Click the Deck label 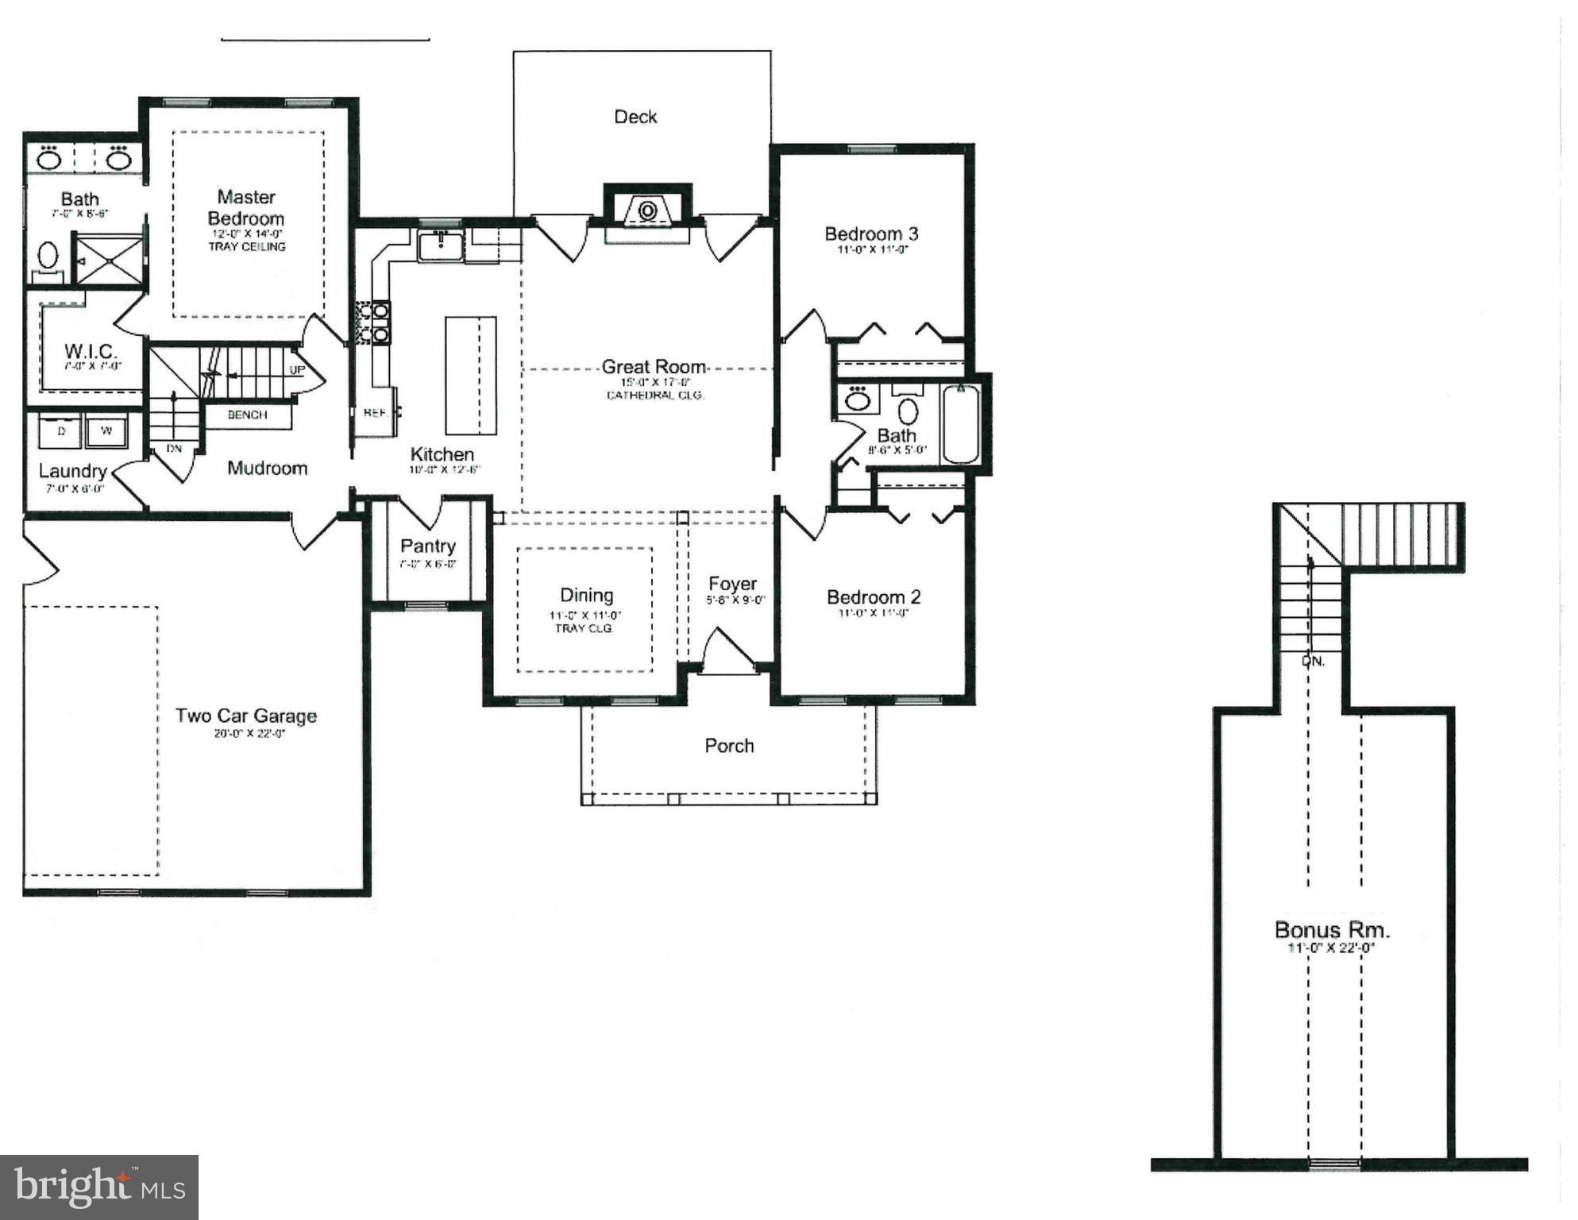tap(635, 117)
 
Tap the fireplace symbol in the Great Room tap(647, 211)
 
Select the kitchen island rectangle tap(470, 375)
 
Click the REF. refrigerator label tap(375, 413)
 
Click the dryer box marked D tap(62, 431)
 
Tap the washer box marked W tap(106, 431)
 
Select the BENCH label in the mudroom tap(247, 415)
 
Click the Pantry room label tap(427, 546)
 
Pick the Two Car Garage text tap(246, 716)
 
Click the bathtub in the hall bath tap(960, 423)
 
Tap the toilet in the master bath tap(48, 257)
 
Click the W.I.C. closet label tap(90, 351)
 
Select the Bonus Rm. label tap(1332, 929)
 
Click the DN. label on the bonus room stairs tap(1313, 661)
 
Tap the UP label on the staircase tap(297, 370)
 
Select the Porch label tap(728, 746)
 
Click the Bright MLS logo tap(99, 1187)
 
